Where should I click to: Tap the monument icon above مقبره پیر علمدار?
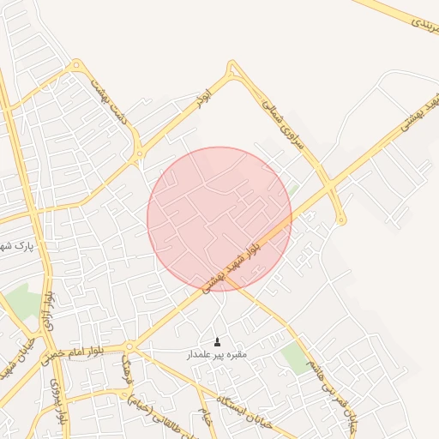click(217, 341)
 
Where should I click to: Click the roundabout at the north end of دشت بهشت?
click(77, 64)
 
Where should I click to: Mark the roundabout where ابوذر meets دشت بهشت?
click(139, 155)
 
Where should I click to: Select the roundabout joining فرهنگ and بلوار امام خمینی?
click(129, 346)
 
